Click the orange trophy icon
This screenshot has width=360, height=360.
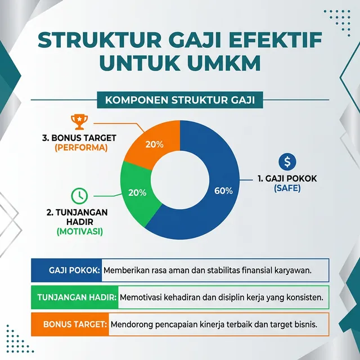78,120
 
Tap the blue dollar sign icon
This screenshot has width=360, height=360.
287,162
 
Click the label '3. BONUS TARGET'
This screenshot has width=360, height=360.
80,136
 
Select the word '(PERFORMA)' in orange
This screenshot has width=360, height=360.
80,147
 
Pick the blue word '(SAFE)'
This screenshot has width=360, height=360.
287,189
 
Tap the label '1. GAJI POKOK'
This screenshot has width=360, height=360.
287,179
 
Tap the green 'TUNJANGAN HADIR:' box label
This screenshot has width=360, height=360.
77,297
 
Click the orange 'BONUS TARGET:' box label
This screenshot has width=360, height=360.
75,324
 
